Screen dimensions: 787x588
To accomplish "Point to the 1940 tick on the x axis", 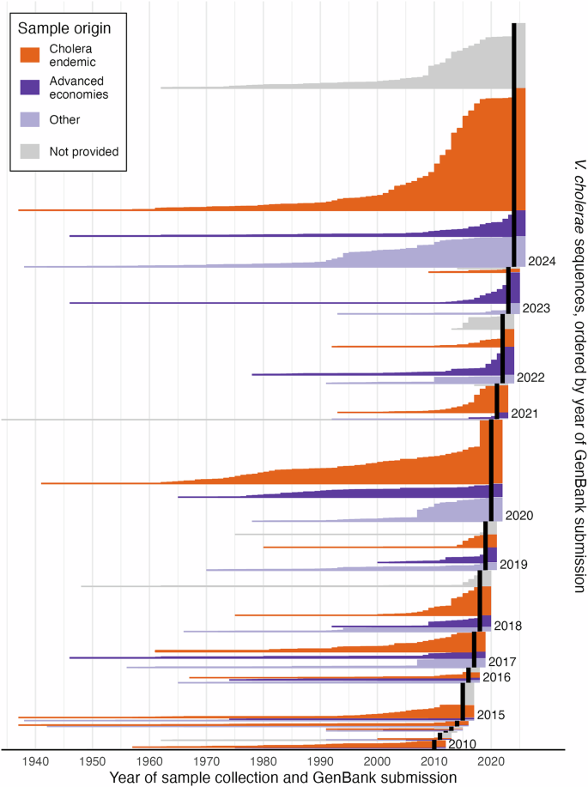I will pyautogui.click(x=36, y=761).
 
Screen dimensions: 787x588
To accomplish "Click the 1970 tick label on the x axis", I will pyautogui.click(x=206, y=761).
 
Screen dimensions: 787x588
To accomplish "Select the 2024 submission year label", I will pyautogui.click(x=543, y=260).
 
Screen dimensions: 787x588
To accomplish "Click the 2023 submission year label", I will pyautogui.click(x=536, y=308).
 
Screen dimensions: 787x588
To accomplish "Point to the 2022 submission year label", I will pyautogui.click(x=531, y=378).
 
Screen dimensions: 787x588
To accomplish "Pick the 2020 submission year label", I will pyautogui.click(x=520, y=516).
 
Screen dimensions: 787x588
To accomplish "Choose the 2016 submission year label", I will pyautogui.click(x=496, y=677).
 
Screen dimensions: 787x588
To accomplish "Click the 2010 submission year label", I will pyautogui.click(x=463, y=743).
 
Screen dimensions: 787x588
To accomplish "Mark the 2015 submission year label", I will pyautogui.click(x=490, y=715).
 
